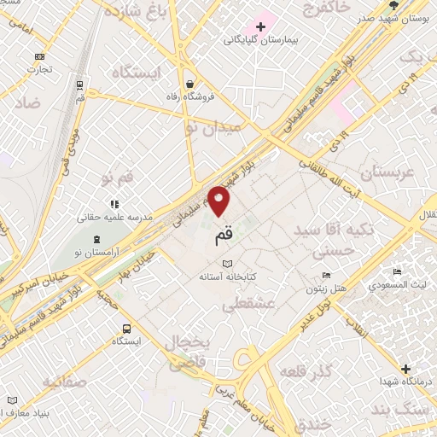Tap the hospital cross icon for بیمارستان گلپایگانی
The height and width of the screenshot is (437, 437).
coord(272,26)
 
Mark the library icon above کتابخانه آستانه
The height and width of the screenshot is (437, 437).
coord(226,264)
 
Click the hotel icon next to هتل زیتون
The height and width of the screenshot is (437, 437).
coord(326,275)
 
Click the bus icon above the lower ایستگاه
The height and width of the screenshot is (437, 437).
coord(126,328)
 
